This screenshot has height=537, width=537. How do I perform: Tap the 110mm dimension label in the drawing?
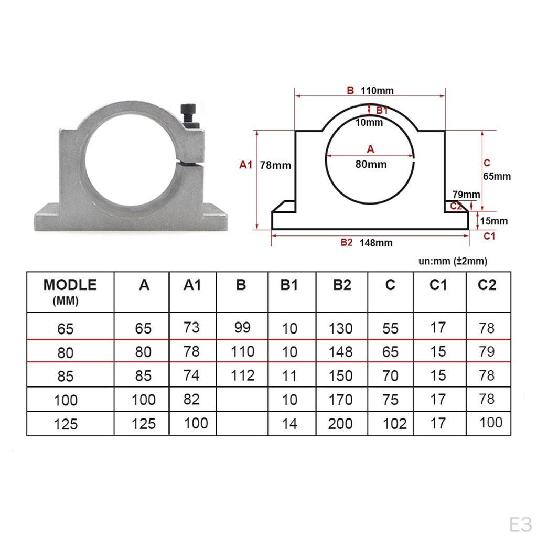click(x=377, y=91)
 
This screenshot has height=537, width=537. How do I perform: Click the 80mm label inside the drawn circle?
click(x=371, y=164)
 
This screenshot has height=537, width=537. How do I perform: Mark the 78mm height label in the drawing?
click(x=275, y=165)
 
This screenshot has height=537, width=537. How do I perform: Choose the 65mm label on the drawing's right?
click(x=497, y=177)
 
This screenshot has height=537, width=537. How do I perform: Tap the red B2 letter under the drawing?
click(x=347, y=242)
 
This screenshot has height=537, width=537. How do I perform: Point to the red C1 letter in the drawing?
click(x=489, y=237)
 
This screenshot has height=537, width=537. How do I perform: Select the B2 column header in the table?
click(x=341, y=285)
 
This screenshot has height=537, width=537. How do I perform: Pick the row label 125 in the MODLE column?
click(x=66, y=424)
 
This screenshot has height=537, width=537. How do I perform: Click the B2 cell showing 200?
click(x=340, y=424)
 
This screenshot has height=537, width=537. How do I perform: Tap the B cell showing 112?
click(x=242, y=375)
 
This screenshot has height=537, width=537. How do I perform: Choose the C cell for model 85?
click(x=390, y=376)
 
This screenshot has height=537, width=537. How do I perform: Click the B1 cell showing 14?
click(x=289, y=424)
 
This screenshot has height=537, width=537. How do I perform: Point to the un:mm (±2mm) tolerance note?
click(x=452, y=261)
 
